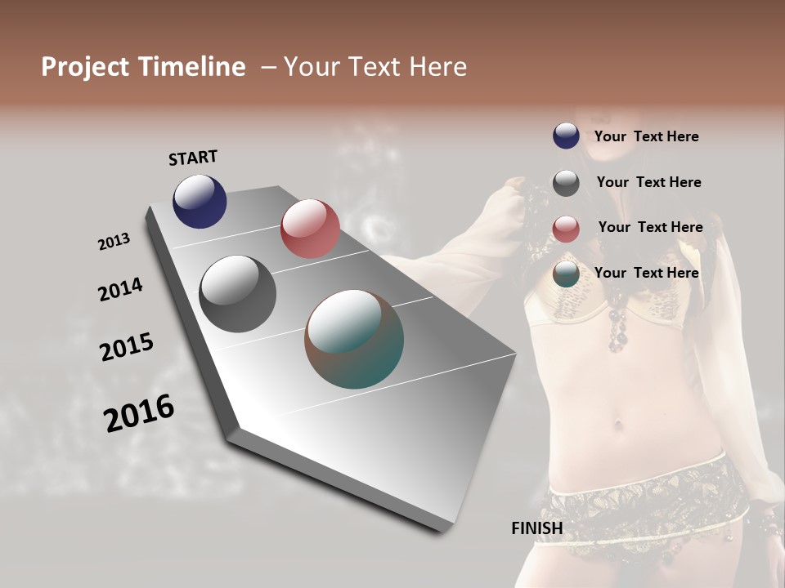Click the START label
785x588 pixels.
pyautogui.click(x=193, y=158)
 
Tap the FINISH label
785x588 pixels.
pyautogui.click(x=537, y=528)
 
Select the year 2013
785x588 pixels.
pyautogui.click(x=114, y=242)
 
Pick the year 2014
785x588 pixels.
pyautogui.click(x=120, y=289)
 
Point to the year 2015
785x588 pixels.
pyautogui.click(x=127, y=347)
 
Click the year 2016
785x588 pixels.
pyautogui.click(x=139, y=413)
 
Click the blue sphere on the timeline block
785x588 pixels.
pyautogui.click(x=200, y=201)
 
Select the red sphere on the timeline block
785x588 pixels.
pyautogui.click(x=310, y=229)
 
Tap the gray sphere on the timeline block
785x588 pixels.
pyautogui.click(x=237, y=294)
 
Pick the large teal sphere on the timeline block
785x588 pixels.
pyautogui.click(x=354, y=339)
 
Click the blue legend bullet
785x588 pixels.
pyautogui.click(x=566, y=136)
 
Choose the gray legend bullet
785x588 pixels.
pyautogui.click(x=566, y=183)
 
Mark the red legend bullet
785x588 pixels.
pyautogui.click(x=566, y=229)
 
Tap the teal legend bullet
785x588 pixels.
pyautogui.click(x=566, y=274)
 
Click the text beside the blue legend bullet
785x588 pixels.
pyautogui.click(x=646, y=136)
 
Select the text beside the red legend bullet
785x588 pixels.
pyautogui.click(x=650, y=227)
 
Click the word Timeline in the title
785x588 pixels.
pyautogui.click(x=191, y=67)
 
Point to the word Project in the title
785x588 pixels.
pyautogui.click(x=85, y=67)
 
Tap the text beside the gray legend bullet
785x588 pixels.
pyautogui.click(x=648, y=182)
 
